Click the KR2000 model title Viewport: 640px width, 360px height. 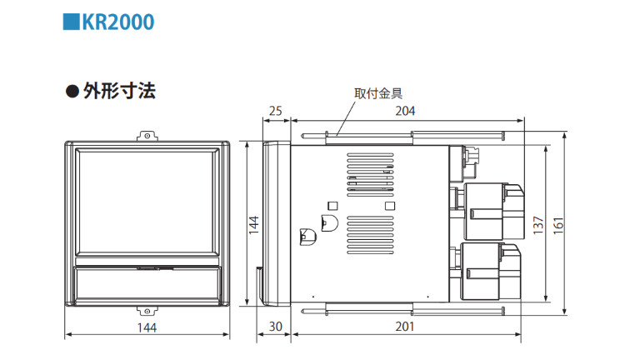point(118,22)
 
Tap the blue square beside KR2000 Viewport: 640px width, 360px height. point(71,22)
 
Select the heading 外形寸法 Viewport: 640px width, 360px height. point(119,91)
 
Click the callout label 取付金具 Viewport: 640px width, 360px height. point(378,93)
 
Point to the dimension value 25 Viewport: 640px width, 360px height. point(276,111)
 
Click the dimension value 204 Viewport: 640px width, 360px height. point(405,111)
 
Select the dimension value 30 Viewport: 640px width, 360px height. point(276,327)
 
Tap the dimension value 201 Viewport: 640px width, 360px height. point(404,327)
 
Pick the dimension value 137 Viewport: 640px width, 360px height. point(538,225)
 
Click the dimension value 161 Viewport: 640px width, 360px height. point(558,225)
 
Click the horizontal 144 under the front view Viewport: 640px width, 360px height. point(147,327)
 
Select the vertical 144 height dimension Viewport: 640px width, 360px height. point(254,224)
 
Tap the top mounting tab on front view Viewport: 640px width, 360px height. point(147,136)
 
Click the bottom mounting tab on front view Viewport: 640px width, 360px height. point(147,311)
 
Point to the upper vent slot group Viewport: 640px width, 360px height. point(370,175)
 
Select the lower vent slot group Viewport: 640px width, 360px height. point(370,235)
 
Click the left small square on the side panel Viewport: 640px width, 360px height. point(332,206)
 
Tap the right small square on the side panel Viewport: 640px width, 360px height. point(390,206)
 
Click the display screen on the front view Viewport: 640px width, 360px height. point(147,202)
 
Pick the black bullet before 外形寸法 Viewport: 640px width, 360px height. point(72,91)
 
